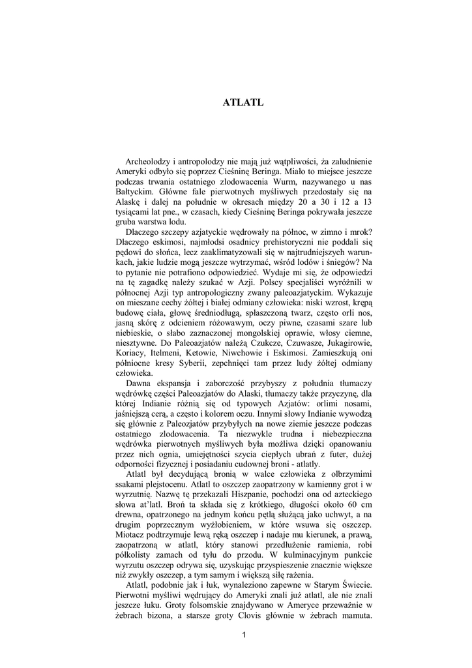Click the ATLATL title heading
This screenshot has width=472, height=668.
point(243,102)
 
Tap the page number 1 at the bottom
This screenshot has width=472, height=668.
point(242,636)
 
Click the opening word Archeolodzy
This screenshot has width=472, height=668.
point(147,160)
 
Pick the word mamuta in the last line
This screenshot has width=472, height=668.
point(355,617)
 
